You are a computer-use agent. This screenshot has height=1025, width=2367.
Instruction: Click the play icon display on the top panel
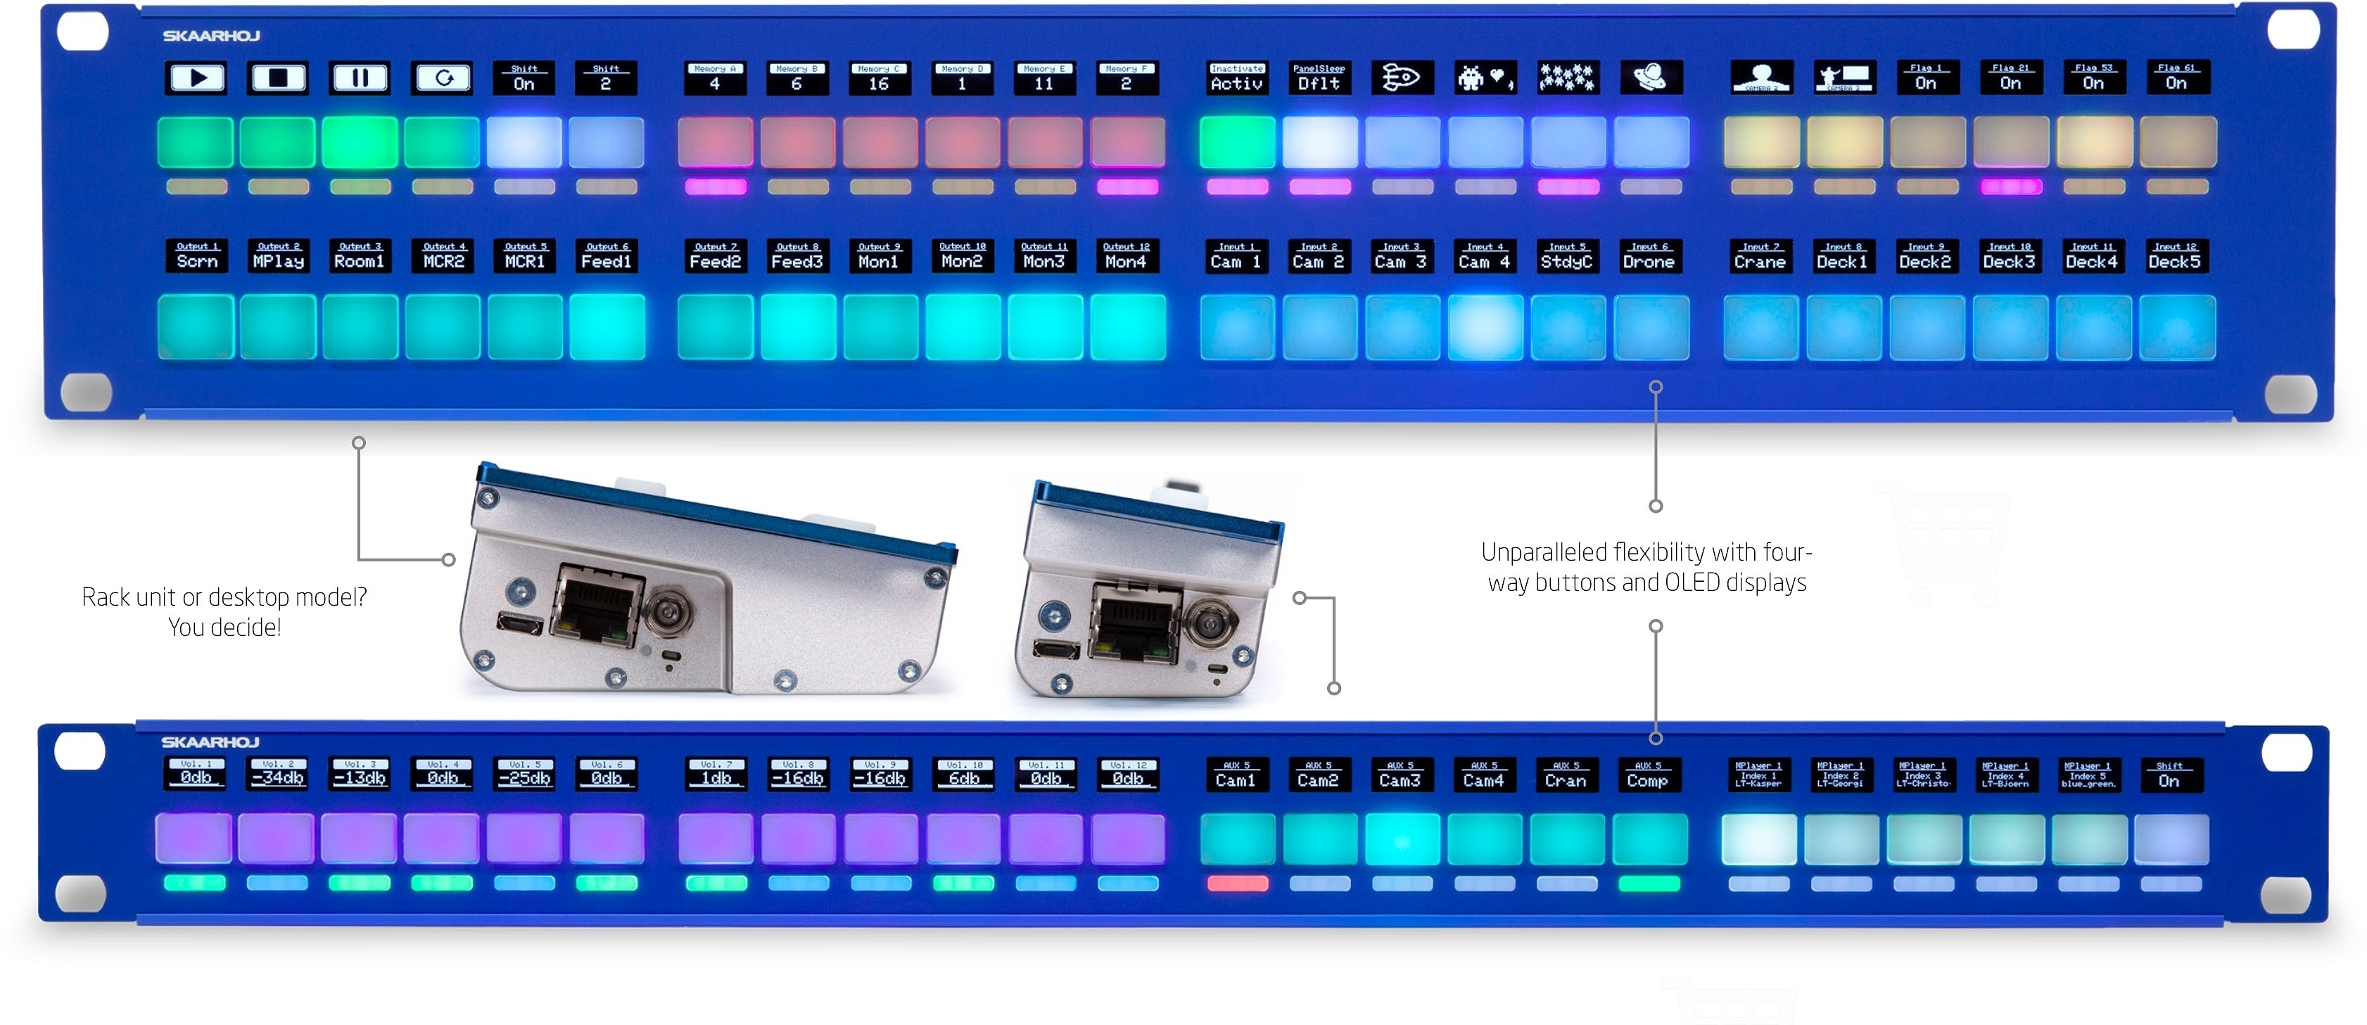tap(196, 78)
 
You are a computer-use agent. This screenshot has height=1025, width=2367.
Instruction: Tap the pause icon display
tap(360, 78)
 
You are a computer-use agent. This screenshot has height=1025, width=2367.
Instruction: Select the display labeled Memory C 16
tap(878, 78)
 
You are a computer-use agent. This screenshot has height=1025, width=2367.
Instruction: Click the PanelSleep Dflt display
tap(1319, 78)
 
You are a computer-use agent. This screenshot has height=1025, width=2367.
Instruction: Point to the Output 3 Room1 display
tap(360, 256)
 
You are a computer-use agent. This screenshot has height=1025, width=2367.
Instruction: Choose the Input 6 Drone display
tap(1649, 256)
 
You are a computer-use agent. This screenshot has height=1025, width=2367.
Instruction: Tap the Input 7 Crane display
tap(1760, 256)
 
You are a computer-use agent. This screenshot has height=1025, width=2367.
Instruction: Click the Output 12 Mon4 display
tap(1126, 256)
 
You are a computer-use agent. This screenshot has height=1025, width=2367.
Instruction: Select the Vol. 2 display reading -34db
tap(279, 773)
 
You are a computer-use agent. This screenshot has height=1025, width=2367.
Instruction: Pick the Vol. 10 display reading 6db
tap(964, 773)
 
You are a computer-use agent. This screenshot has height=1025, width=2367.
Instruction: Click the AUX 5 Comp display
tap(1646, 775)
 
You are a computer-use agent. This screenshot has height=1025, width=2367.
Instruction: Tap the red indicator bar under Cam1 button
tap(1237, 884)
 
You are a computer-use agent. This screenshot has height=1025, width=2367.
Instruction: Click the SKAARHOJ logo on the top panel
tap(211, 36)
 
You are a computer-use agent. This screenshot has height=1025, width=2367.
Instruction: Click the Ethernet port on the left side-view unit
tap(592, 607)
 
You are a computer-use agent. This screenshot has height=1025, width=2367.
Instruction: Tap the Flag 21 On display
tap(2010, 78)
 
